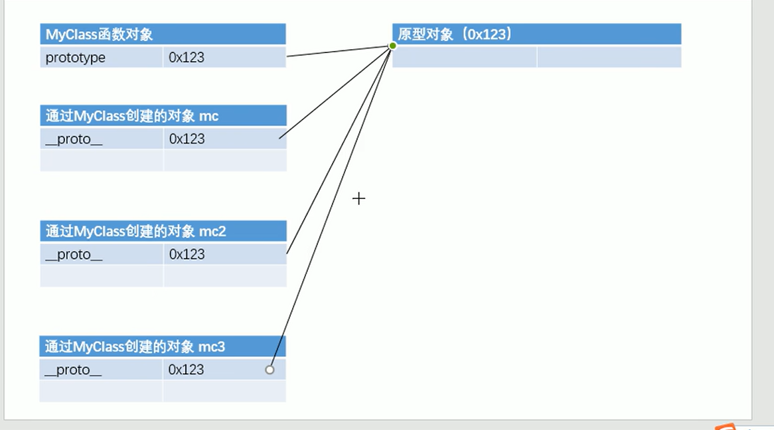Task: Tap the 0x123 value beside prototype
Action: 187,58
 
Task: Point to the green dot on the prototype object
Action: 392,46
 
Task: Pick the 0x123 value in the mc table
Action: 187,139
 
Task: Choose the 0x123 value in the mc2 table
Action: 187,254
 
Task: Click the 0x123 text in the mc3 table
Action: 187,370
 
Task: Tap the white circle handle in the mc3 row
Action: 270,370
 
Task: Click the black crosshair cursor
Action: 358,198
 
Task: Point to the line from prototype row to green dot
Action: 339,51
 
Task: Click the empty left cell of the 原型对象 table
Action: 465,58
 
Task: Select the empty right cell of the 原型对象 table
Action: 609,58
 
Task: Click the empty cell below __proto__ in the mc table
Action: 102,160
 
